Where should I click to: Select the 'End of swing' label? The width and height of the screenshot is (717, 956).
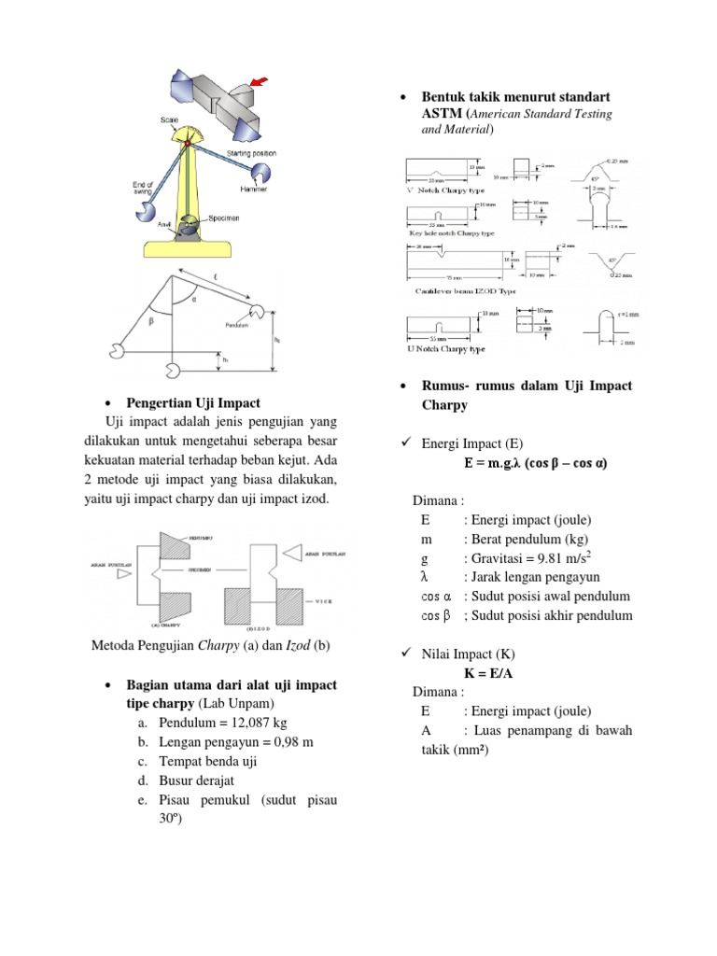139,190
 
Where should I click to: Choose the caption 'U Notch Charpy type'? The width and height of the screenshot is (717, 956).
446,348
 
